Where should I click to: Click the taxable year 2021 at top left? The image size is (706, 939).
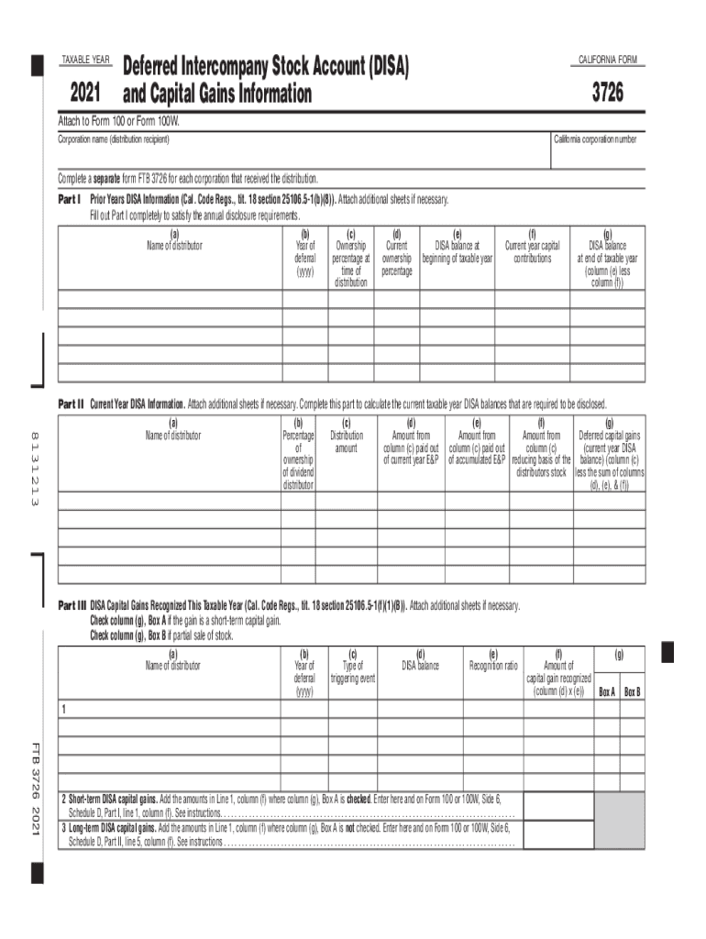[x=84, y=94]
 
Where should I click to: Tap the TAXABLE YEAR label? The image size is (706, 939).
[x=84, y=61]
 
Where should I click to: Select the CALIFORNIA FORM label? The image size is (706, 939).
[x=606, y=61]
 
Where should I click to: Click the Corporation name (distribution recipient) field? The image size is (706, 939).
[x=303, y=153]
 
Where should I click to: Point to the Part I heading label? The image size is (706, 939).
[x=71, y=198]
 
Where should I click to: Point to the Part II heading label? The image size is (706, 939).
[x=72, y=403]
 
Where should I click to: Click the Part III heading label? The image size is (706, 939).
[x=72, y=606]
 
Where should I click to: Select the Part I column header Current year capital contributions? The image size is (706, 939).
[x=533, y=252]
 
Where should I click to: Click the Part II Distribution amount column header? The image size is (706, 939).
[x=347, y=442]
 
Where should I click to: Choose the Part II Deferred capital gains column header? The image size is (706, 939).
[x=610, y=454]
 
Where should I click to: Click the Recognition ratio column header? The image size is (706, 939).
[x=493, y=666]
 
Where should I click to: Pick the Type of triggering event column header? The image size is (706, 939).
[x=353, y=671]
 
